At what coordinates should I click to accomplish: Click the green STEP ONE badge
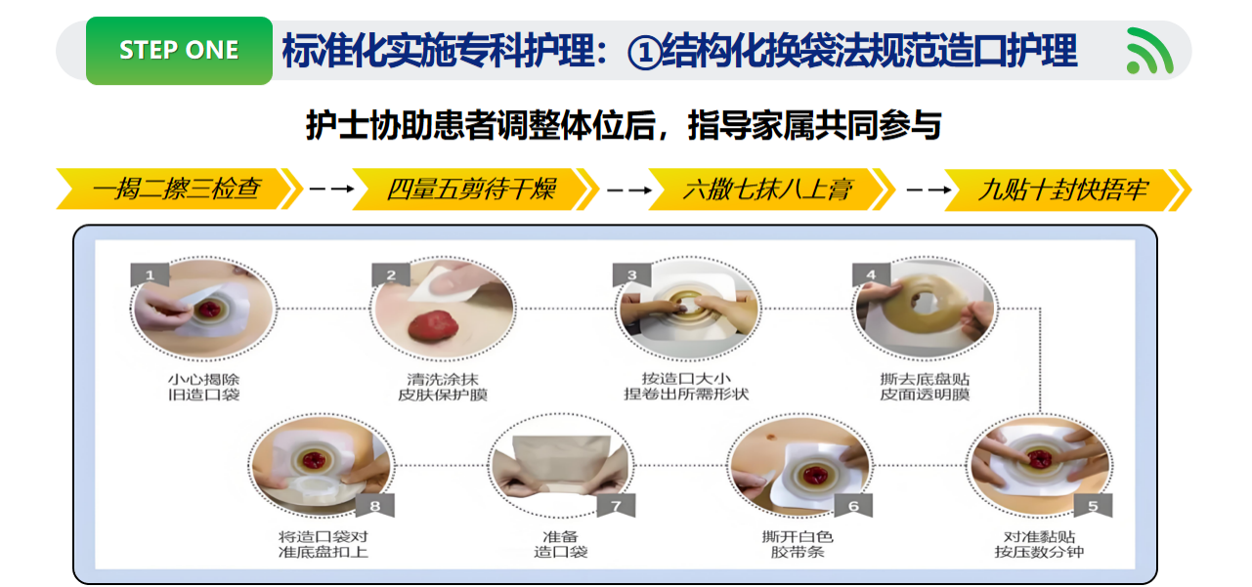point(179,50)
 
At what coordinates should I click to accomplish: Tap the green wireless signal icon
point(1149,51)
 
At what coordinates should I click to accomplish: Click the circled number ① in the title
point(644,53)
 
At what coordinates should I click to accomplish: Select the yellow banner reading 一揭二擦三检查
point(179,189)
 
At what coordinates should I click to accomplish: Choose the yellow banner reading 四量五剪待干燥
point(475,189)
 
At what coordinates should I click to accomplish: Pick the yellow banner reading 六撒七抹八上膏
point(771,189)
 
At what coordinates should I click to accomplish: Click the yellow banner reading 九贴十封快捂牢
point(1067,189)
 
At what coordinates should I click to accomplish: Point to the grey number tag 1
point(150,274)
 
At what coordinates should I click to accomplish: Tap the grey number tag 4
point(871,274)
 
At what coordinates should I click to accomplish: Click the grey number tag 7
point(616,506)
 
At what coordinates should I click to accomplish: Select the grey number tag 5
point(1094,506)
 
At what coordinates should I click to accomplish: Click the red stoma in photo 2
point(434,326)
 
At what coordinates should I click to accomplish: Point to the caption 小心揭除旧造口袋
point(204,387)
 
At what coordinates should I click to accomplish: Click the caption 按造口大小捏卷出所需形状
point(686,387)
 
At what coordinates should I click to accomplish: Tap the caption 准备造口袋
point(561,545)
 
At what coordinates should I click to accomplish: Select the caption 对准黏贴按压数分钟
point(1039,545)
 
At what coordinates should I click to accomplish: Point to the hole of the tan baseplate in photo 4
point(923,302)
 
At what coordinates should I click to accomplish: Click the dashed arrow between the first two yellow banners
point(331,189)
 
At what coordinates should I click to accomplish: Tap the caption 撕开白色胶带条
point(798,545)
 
